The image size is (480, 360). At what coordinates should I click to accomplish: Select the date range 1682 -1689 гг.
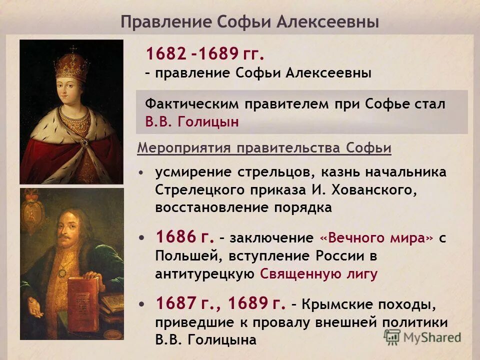(205, 53)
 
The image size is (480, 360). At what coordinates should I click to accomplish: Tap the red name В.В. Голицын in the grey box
(192, 122)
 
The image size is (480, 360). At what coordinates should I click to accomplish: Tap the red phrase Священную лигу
(319, 274)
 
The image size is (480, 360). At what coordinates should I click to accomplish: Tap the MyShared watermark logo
(422, 337)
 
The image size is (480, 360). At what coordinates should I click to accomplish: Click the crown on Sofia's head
(71, 64)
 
